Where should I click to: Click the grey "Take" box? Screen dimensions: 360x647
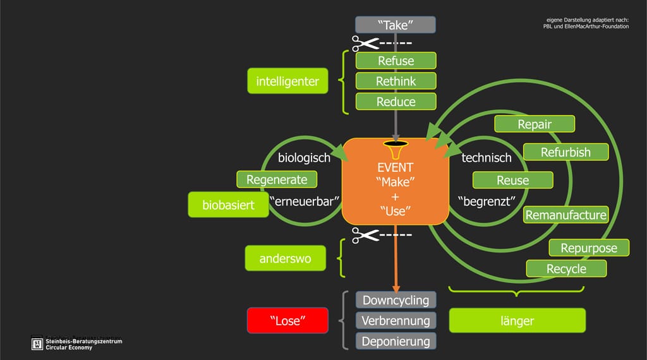coord(396,25)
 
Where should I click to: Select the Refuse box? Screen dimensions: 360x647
coord(396,61)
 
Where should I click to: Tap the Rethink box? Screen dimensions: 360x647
coord(396,81)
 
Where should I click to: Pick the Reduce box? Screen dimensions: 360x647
coord(396,102)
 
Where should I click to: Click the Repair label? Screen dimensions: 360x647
coord(535,124)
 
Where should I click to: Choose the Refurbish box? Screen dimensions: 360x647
coord(565,152)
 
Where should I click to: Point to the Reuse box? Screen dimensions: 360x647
coord(512,180)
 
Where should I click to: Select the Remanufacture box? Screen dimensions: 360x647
coord(565,215)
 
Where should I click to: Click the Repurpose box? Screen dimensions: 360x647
coord(588,248)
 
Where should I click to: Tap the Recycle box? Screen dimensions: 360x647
coord(566,268)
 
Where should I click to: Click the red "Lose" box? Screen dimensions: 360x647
coord(287,321)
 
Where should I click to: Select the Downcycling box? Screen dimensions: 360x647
coord(396,300)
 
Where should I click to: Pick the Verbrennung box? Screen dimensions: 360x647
coord(396,321)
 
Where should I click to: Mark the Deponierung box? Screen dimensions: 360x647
coord(396,342)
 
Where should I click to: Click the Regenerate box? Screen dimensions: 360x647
coord(277,179)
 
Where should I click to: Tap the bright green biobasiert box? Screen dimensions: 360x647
coord(228,205)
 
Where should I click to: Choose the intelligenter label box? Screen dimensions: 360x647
coord(287,81)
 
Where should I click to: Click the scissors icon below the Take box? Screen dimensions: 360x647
coord(365,44)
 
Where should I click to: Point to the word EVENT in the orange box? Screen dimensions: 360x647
coord(395,168)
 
